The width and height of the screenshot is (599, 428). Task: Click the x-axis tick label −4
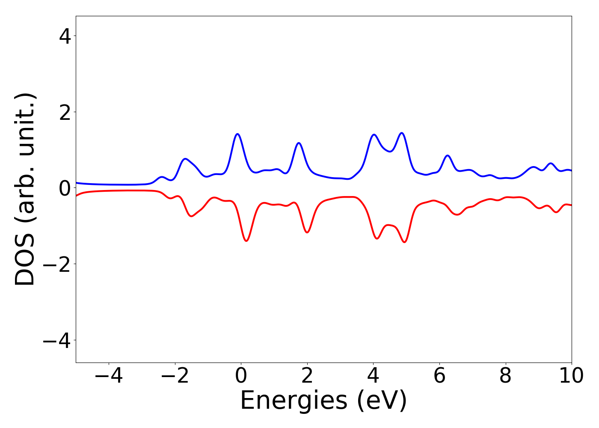click(109, 376)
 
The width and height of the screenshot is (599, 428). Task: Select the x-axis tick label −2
click(175, 376)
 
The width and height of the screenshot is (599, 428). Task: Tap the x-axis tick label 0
click(241, 376)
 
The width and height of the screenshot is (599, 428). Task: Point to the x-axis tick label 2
click(307, 376)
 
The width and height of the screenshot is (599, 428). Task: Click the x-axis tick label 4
click(373, 376)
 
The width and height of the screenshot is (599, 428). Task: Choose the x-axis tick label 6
click(439, 376)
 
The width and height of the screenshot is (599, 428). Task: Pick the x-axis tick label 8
click(505, 376)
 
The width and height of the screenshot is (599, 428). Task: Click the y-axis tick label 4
click(65, 36)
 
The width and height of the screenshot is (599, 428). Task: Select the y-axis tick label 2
click(65, 112)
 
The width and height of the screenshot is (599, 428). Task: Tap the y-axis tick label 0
click(65, 188)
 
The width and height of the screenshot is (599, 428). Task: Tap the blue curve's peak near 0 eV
click(237, 134)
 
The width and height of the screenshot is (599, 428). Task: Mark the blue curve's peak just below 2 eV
click(299, 143)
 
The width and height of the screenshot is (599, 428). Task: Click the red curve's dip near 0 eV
click(246, 241)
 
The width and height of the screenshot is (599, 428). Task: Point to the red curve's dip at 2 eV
click(307, 232)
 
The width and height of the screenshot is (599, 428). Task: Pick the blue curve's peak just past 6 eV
click(448, 155)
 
